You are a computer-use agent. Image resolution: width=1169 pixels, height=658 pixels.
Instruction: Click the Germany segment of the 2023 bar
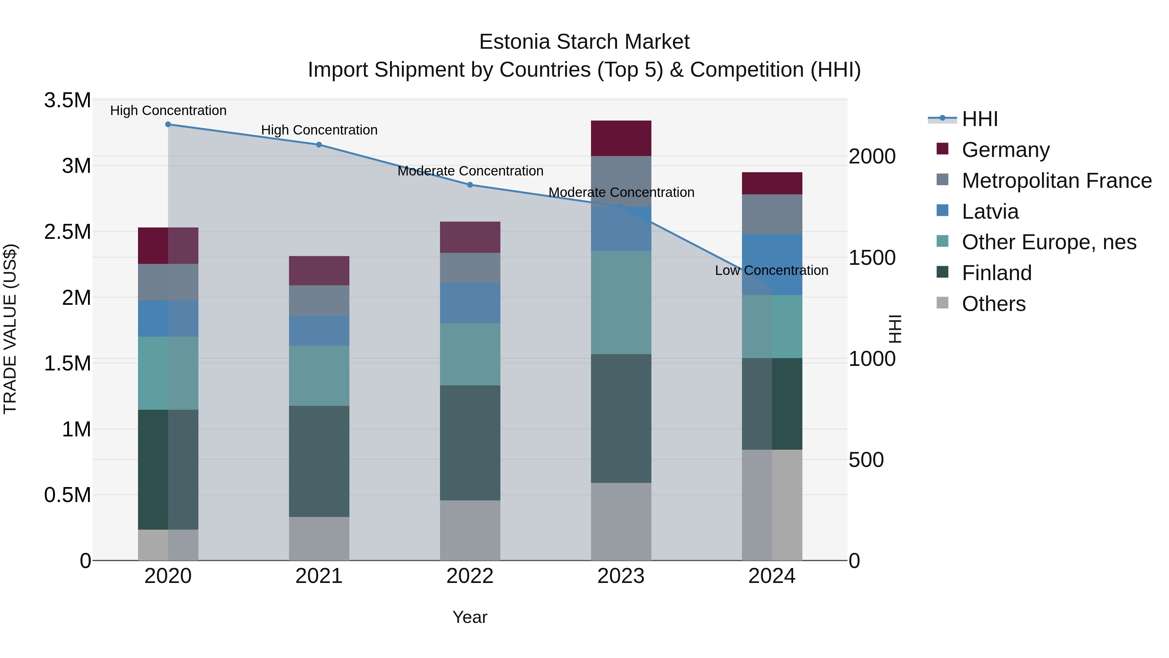621,138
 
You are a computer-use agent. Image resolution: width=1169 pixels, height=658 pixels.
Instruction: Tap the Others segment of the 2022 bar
470,530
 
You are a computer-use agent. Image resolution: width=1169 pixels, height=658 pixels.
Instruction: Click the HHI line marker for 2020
168,124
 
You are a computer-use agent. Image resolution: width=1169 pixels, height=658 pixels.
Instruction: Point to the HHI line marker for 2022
470,185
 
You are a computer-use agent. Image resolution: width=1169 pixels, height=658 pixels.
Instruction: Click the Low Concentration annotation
772,270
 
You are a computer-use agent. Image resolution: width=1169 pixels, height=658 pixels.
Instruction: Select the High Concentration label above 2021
319,130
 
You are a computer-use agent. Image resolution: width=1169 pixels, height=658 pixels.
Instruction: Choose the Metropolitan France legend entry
1056,180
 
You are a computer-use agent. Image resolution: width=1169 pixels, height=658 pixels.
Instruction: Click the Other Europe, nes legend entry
1049,242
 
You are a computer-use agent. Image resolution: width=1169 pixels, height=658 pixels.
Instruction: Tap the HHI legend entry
979,119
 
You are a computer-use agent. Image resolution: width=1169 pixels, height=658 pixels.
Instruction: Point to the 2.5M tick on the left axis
67,232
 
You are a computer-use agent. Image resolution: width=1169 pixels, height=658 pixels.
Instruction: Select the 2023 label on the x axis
621,576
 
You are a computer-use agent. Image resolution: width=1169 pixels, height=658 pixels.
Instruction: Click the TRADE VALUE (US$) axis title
10,329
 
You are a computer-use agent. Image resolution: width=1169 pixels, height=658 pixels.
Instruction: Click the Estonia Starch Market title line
584,42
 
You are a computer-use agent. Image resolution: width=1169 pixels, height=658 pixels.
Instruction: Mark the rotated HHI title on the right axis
895,329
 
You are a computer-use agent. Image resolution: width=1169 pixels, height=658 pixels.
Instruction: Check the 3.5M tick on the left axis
67,100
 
